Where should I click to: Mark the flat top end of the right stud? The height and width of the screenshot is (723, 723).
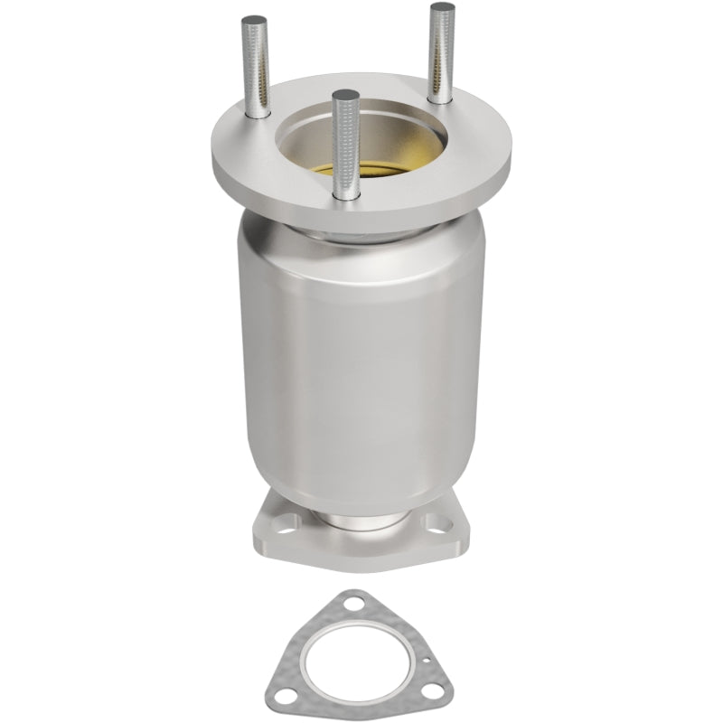(x=442, y=7)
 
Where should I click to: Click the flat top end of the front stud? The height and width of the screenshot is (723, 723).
(x=342, y=94)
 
